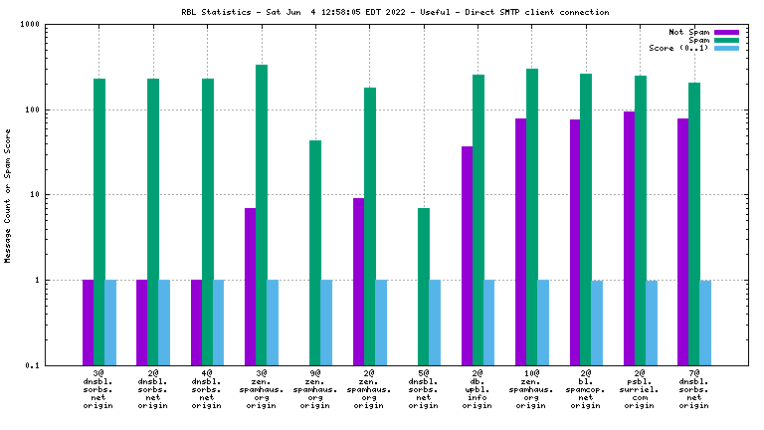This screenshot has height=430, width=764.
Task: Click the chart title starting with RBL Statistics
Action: tap(383, 12)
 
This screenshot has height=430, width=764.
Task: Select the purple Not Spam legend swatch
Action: tap(727, 32)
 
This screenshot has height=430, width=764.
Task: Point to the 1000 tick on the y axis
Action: tap(44, 25)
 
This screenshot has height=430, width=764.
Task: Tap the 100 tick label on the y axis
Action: tap(46, 109)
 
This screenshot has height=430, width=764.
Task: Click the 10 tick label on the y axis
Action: tap(48, 195)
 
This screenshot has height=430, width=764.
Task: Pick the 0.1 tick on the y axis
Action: tap(46, 365)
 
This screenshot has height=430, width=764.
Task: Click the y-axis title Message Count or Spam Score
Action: tap(8, 195)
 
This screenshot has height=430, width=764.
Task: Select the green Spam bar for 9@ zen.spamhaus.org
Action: tap(315, 253)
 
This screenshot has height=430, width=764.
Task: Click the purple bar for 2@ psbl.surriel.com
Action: tap(630, 238)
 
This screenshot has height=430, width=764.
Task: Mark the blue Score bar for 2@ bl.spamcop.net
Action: tap(597, 322)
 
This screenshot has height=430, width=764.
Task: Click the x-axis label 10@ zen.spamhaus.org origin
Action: tap(531, 389)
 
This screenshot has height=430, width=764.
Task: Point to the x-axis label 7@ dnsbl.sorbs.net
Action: tap(694, 389)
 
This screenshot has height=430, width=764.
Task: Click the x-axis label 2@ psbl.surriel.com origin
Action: tap(641, 389)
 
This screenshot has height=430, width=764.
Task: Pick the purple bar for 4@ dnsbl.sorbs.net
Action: tap(196, 322)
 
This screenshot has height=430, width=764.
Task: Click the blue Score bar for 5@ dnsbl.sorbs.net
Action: tap(435, 322)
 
